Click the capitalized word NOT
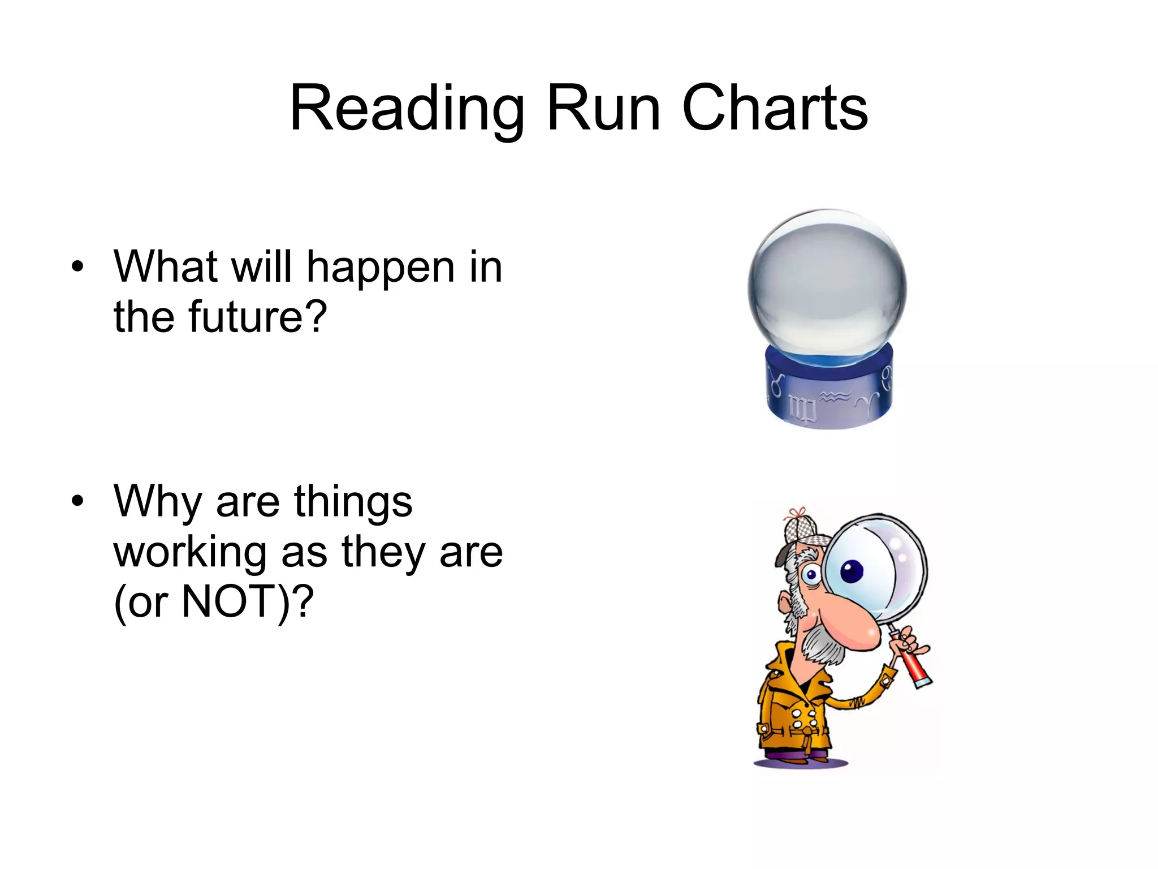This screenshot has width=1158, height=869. [x=228, y=602]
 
